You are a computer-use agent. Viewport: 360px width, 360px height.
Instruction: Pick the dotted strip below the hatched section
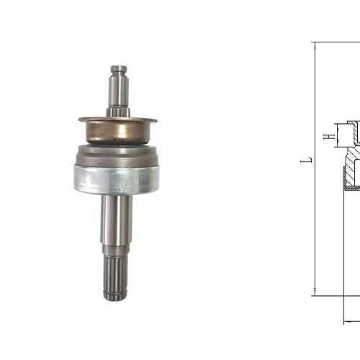coord(352,187)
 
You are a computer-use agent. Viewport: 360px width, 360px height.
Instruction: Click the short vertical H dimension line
coord(336,135)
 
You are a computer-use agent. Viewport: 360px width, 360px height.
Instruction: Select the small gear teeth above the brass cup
coord(119,112)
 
